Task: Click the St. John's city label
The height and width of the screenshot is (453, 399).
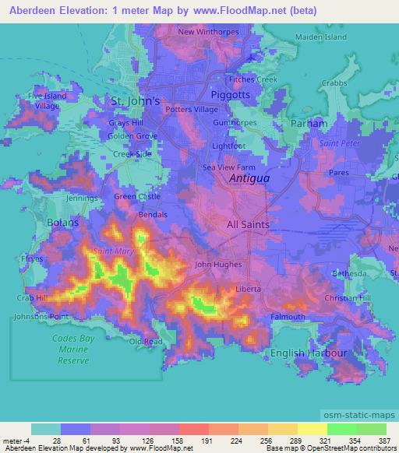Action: (x=136, y=100)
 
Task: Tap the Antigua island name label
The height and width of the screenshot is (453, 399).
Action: (x=249, y=178)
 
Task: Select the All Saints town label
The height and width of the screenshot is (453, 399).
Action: (x=247, y=224)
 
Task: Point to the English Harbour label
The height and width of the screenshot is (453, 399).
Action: (x=308, y=353)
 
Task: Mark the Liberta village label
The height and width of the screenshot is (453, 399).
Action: (x=248, y=290)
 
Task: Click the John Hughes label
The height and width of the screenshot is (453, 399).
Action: (x=213, y=265)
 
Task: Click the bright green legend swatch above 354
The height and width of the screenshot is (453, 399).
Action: (x=342, y=429)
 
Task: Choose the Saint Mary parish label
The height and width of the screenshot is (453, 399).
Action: (x=113, y=251)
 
